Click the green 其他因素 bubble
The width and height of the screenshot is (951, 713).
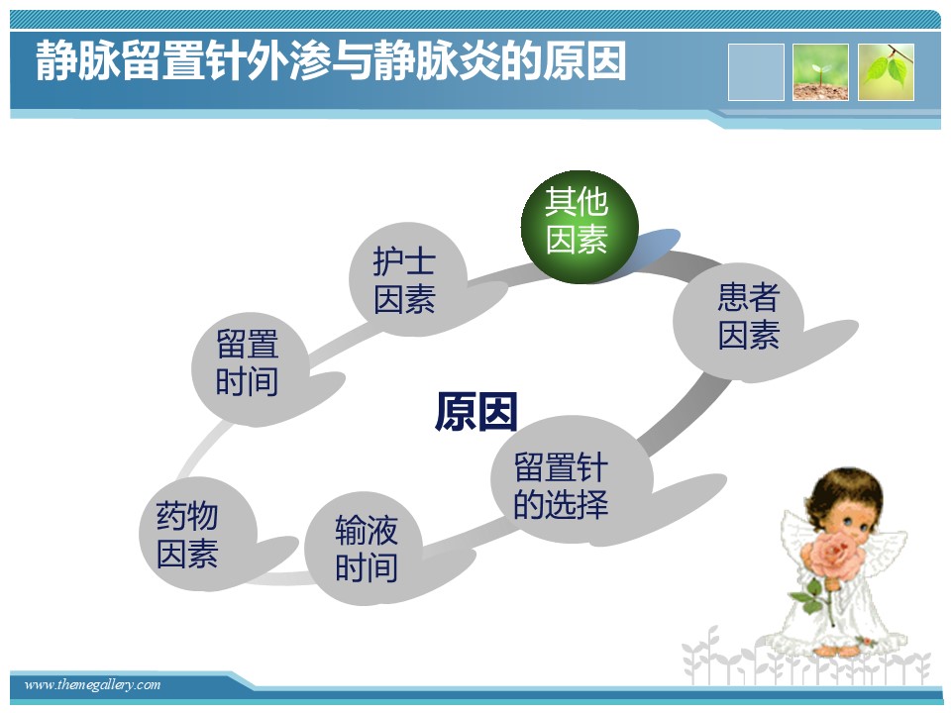tap(580, 226)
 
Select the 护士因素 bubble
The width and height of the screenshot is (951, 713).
tap(407, 279)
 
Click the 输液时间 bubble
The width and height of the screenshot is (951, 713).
tap(366, 548)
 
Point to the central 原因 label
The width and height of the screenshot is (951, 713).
tap(476, 412)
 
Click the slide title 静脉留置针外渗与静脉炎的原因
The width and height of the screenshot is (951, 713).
tap(331, 61)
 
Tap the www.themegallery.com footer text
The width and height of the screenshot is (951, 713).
tap(92, 685)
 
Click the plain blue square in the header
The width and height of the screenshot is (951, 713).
tap(756, 72)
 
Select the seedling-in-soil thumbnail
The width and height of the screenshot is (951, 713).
tap(820, 72)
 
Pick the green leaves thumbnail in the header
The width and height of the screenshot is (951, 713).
tap(886, 72)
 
